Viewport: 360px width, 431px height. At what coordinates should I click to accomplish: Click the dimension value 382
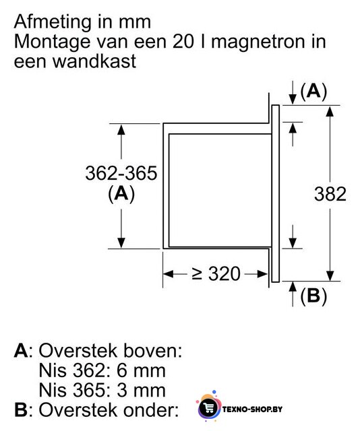[x=330, y=194]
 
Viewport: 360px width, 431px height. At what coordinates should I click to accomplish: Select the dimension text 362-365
[x=121, y=173]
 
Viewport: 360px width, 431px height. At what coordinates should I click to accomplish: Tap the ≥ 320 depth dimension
[x=216, y=274]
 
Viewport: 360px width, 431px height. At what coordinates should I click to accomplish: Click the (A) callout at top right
[x=313, y=91]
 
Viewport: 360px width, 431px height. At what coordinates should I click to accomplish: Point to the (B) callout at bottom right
[x=313, y=296]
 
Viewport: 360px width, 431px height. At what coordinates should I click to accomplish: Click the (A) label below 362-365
[x=121, y=194]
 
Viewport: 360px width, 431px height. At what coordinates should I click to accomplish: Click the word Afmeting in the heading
[x=53, y=22]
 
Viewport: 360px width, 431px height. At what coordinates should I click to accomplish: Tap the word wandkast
[x=94, y=61]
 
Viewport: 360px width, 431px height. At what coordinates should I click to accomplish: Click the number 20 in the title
[x=183, y=41]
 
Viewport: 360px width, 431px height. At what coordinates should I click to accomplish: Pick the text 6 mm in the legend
[x=141, y=370]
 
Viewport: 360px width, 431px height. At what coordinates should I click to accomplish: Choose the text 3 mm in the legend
[x=141, y=390]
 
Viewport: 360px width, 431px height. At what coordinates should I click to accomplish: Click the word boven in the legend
[x=152, y=350]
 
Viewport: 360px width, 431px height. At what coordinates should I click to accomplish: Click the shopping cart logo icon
[x=209, y=408]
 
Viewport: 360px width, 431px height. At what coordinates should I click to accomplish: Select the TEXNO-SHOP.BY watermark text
[x=252, y=409]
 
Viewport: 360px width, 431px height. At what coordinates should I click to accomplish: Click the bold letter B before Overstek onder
[x=21, y=410]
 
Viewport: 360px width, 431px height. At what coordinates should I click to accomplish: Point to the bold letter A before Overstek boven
[x=21, y=350]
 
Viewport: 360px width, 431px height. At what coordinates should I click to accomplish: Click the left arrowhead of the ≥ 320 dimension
[x=169, y=274]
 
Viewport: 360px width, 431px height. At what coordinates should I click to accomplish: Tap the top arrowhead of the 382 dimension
[x=330, y=110]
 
